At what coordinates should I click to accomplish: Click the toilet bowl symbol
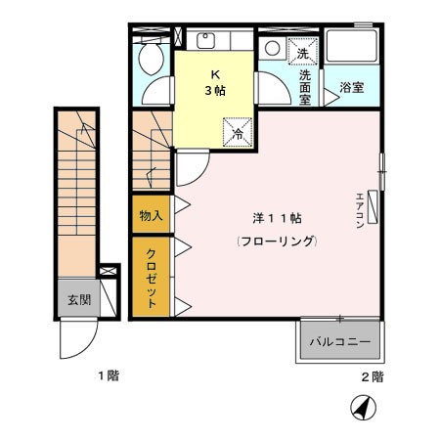[x=152, y=61]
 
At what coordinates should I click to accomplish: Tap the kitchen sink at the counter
[x=207, y=41]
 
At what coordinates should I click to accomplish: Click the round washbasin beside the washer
[x=271, y=48]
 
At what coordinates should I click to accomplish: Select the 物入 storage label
[x=152, y=214]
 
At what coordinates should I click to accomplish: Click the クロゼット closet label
[x=152, y=278]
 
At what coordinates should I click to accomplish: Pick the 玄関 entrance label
[x=78, y=300]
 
